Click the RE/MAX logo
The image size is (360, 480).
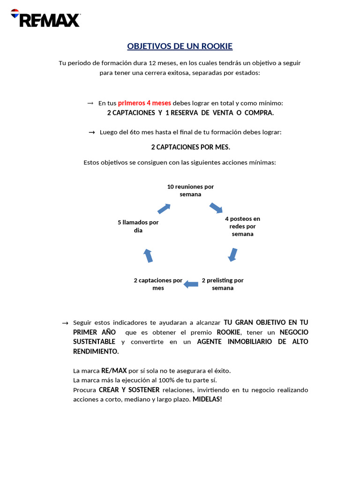(45, 18)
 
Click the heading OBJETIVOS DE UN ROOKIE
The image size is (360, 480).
(180, 46)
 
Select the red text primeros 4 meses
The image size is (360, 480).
(144, 103)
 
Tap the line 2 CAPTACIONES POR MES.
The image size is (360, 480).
(190, 147)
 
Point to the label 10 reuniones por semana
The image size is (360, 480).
(190, 190)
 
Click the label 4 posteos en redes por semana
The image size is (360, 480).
(242, 226)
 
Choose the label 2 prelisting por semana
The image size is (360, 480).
(223, 284)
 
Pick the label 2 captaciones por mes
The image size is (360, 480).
(158, 284)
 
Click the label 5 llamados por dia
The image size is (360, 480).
(138, 226)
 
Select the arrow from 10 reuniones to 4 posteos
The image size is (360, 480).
(216, 208)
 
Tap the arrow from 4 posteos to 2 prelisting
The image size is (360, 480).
(232, 255)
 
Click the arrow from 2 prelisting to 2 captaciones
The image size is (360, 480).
(191, 284)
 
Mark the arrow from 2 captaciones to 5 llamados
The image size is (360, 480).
(148, 255)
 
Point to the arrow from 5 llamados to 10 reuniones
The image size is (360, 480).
(164, 208)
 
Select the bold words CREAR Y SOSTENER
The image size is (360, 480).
(129, 390)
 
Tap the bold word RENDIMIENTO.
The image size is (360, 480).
(96, 351)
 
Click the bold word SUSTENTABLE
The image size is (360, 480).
(94, 342)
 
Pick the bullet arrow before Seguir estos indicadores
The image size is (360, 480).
(65, 323)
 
